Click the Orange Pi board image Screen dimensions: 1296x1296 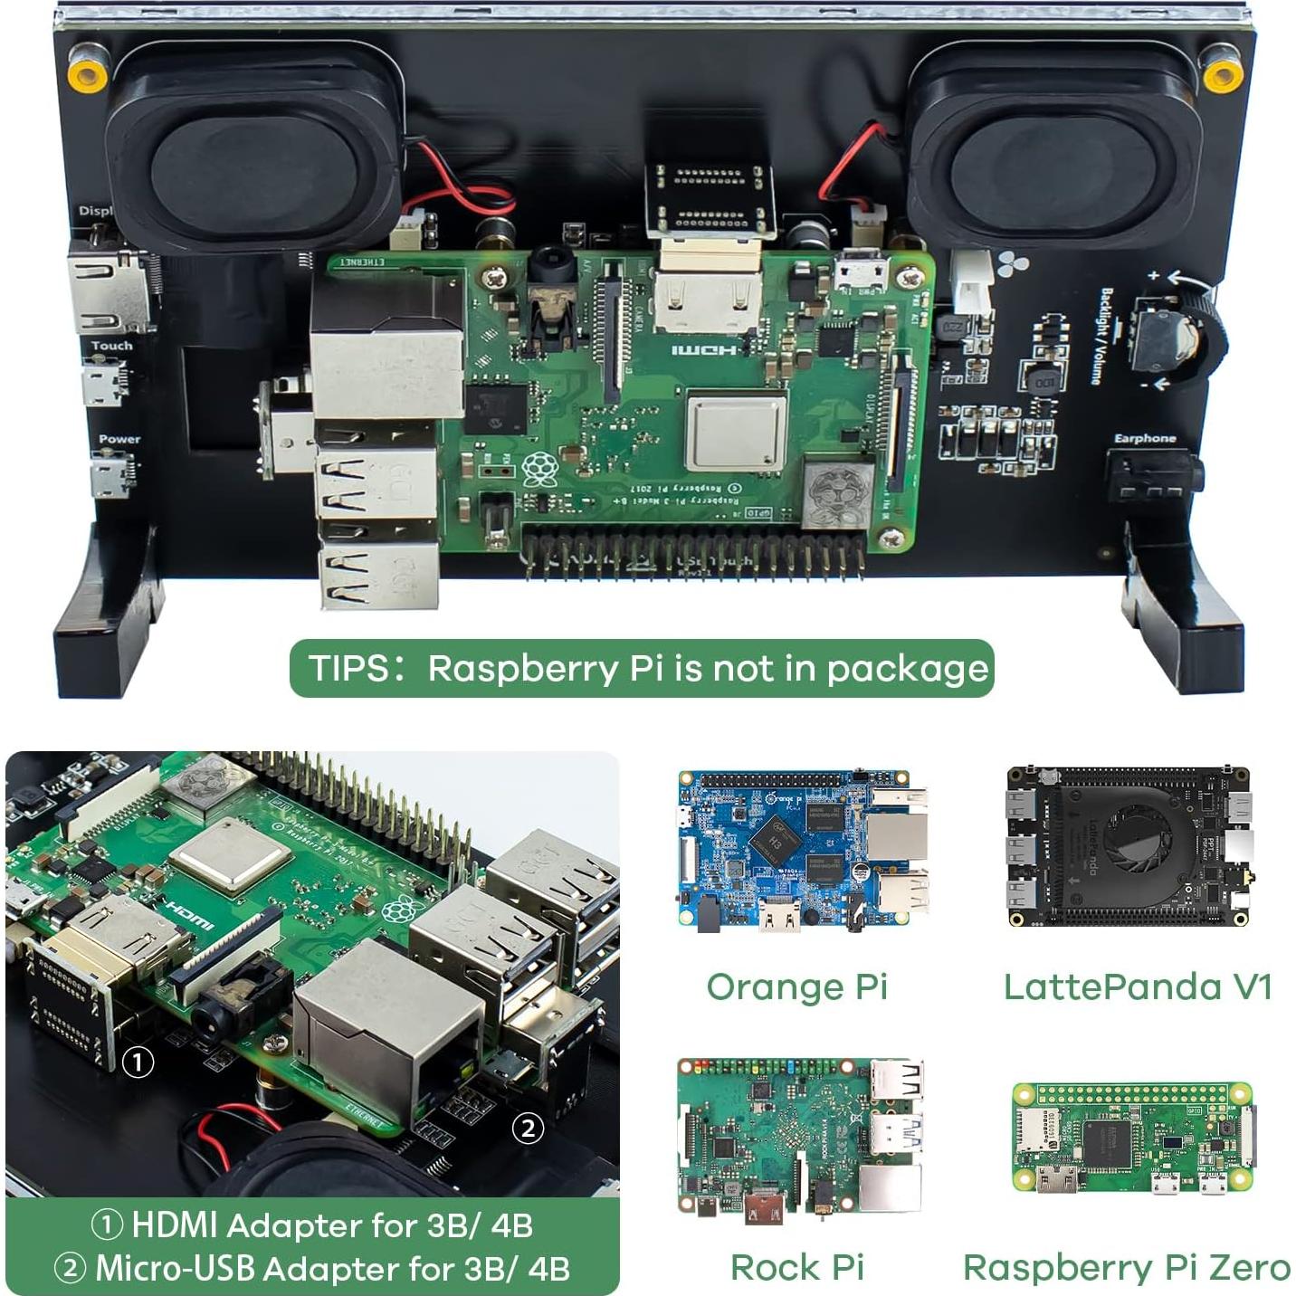coord(802,851)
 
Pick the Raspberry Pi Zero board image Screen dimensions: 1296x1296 coord(1133,1138)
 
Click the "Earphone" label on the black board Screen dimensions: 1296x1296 coord(1144,439)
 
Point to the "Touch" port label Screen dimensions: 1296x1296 coord(111,346)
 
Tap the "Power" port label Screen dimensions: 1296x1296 coord(119,439)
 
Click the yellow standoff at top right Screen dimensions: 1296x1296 coord(1221,77)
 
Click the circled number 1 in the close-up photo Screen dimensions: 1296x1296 coord(138,1062)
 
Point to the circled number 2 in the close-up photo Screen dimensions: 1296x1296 coord(528,1128)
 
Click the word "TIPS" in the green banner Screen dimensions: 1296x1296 coord(348,669)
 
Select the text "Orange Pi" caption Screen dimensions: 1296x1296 coord(796,986)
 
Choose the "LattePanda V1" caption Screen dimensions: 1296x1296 coord(1138,986)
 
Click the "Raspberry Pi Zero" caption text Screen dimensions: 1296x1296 coord(1126,1268)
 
